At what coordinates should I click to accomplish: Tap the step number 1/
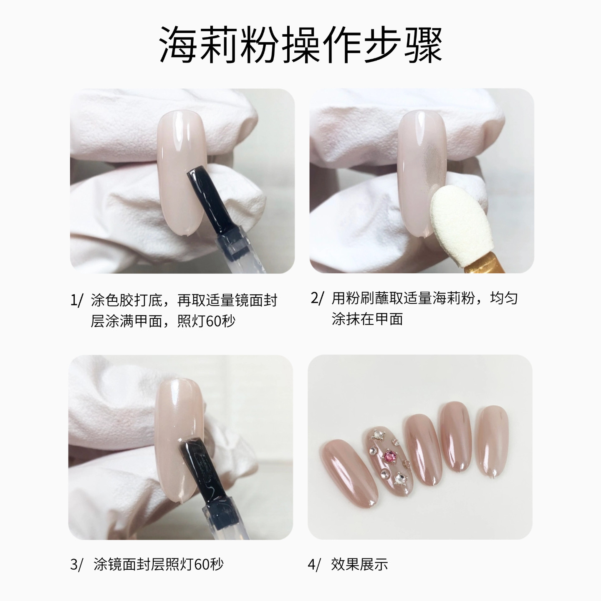click(x=77, y=300)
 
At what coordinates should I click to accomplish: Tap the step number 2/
click(x=317, y=298)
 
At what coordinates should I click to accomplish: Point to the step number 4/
click(x=315, y=565)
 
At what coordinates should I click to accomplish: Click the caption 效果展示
click(x=359, y=565)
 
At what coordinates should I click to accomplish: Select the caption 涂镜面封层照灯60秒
click(x=159, y=565)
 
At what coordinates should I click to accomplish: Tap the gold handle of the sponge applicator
click(x=480, y=263)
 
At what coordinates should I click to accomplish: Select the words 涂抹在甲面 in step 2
click(x=367, y=319)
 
